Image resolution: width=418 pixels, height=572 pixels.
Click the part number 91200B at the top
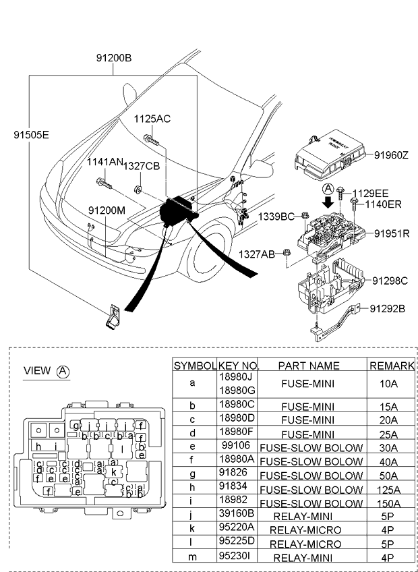[x=113, y=58]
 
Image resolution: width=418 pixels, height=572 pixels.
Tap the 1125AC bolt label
[x=152, y=119]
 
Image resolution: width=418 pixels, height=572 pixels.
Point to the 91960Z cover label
[x=392, y=154]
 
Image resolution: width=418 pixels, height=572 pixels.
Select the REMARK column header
[x=391, y=365]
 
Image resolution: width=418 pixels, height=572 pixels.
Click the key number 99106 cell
[x=236, y=447]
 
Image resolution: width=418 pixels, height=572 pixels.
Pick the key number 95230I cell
[x=236, y=558]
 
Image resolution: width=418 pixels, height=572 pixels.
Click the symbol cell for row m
[x=193, y=558]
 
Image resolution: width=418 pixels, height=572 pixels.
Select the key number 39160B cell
[x=236, y=516]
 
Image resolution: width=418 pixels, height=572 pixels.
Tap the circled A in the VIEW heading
[x=63, y=371]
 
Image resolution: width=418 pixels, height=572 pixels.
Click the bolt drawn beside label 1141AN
[x=103, y=182]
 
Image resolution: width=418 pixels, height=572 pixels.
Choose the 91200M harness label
[x=107, y=210]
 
